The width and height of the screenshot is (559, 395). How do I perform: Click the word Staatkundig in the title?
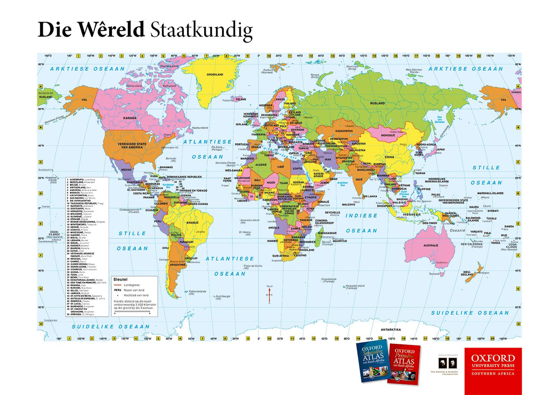coord(201,30)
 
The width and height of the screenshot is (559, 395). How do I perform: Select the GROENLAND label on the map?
coord(215,74)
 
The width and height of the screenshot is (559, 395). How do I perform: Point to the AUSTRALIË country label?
coord(431,245)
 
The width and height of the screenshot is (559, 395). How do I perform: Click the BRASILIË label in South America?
coord(192,223)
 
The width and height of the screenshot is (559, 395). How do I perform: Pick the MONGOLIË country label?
coord(388,135)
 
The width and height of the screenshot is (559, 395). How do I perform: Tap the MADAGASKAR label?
coord(327,233)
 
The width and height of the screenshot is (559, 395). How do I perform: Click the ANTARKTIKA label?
coord(391,330)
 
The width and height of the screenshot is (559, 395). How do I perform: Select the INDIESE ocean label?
coord(361,216)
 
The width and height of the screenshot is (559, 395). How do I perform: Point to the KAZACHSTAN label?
coord(344,131)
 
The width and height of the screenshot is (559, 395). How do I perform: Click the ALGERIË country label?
coord(261,165)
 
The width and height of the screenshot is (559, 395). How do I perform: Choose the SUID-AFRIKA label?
coord(280,256)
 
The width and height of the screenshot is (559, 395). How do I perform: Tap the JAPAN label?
coord(440,149)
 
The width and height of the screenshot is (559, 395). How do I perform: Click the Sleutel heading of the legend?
coord(120,279)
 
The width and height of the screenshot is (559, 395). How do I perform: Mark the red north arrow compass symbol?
coord(270,294)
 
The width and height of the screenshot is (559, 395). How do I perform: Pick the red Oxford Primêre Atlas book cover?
coord(404,364)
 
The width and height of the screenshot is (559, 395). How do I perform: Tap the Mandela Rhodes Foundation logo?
coord(444,365)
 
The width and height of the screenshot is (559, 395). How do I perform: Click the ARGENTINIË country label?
coord(178,265)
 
